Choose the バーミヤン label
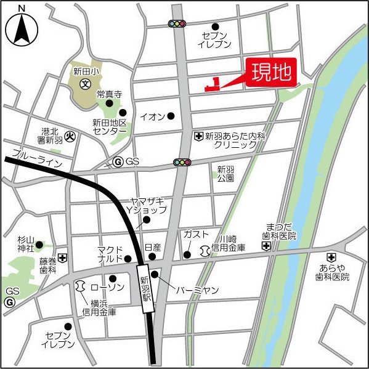[x=197, y=290]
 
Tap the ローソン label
[x=103, y=287]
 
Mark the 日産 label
[x=152, y=247]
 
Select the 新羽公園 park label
[x=225, y=174]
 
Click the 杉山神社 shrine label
[x=26, y=244]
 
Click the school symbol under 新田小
[x=86, y=83]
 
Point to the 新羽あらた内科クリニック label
[x=234, y=140]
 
